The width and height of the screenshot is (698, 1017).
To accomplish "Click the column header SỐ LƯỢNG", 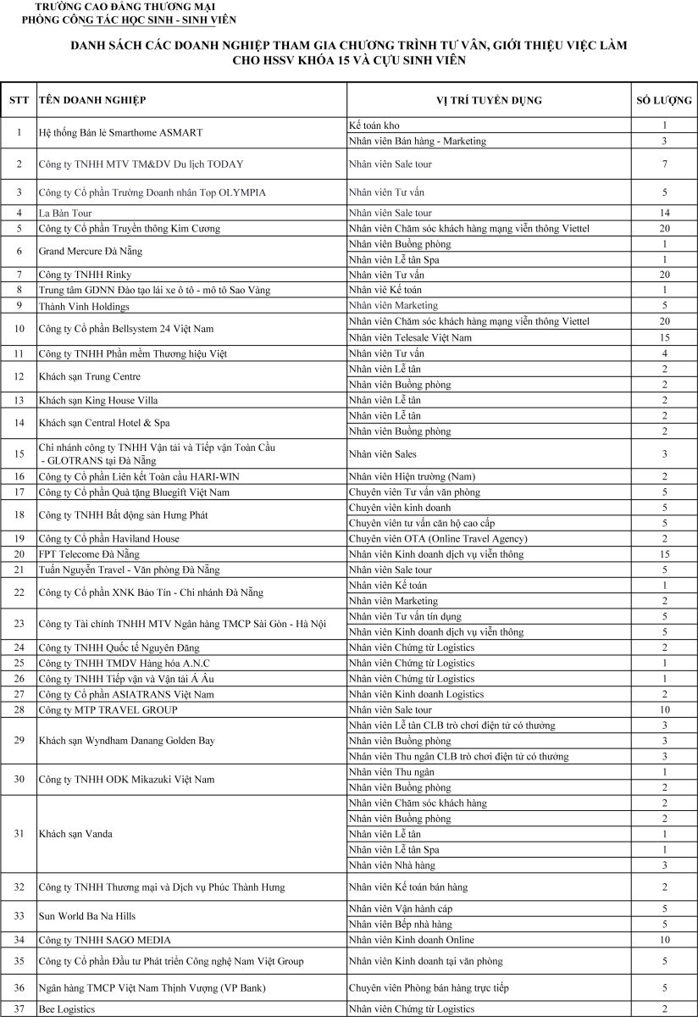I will coord(664,101).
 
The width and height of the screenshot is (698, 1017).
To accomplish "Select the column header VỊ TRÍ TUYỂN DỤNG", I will coord(489,101).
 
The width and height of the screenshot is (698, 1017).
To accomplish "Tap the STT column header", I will coord(19,101).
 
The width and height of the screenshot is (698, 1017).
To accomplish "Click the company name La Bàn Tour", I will coord(65,213).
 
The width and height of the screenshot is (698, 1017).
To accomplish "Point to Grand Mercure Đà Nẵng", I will coord(91,252).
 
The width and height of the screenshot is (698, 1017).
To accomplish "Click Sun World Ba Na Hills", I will coord(87,916).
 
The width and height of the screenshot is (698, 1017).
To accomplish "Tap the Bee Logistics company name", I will coord(67,1009).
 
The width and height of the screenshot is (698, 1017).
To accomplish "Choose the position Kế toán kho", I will coord(374,125).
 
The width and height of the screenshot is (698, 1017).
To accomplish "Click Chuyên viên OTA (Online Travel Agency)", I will coord(438,539).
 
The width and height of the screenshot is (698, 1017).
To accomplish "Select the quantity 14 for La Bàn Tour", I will coord(664,213).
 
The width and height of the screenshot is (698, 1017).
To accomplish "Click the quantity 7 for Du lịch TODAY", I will coord(664,164).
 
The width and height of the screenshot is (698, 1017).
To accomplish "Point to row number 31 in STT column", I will coord(19,834).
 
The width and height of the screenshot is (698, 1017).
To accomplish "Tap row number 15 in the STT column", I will coord(19,454).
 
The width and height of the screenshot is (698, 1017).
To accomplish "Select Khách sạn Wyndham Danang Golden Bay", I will coord(126,741).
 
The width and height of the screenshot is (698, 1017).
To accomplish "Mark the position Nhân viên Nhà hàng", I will coord(391,864).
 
